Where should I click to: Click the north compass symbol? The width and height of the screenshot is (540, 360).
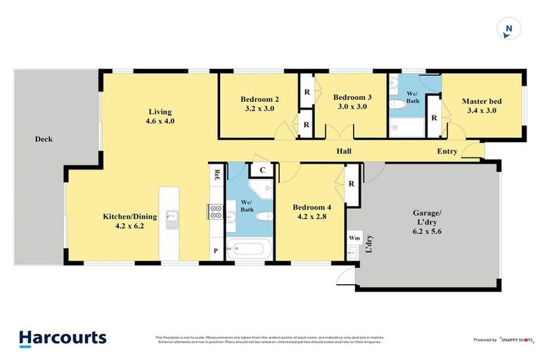coord(508,30)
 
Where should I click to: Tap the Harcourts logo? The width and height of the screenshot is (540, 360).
coord(63,337)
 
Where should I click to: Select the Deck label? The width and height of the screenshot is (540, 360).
coord(44,139)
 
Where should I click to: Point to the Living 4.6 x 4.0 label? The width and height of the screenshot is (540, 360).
coord(160,116)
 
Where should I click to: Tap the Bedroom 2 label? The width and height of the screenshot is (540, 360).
coord(259,104)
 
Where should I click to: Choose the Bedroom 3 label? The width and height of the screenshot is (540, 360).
coord(352,102)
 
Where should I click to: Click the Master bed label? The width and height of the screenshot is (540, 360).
coord(480,105)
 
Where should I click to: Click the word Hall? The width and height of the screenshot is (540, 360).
coord(344,151)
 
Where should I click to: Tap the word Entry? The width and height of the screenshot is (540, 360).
coord(447,151)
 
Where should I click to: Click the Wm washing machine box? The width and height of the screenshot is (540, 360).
coord(354,238)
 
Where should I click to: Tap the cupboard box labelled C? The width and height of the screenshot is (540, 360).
coord(262,169)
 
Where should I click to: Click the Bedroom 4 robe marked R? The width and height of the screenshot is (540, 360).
coord(351,184)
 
